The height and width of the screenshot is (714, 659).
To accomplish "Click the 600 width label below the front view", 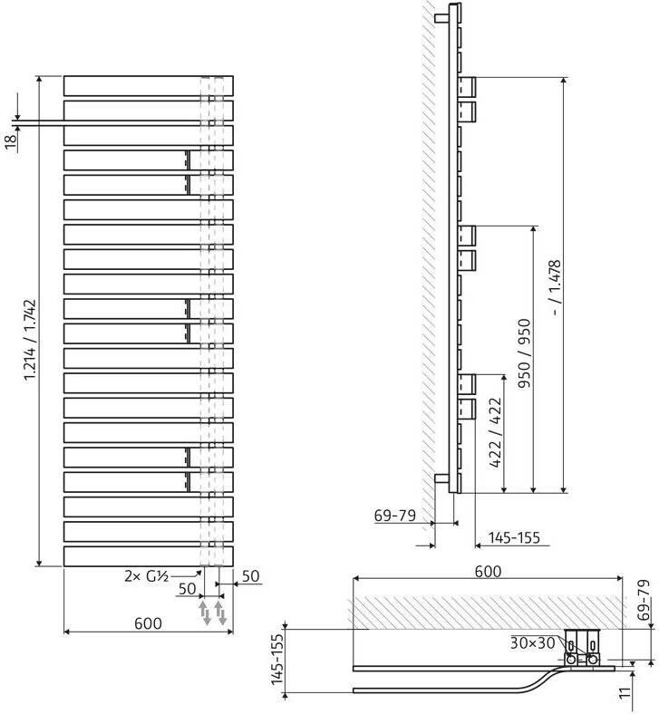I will click(148, 623).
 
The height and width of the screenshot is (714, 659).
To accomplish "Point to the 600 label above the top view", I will click(488, 571).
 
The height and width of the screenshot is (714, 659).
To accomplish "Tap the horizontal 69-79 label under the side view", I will click(394, 516).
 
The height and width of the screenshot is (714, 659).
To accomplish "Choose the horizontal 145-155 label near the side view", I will click(514, 538).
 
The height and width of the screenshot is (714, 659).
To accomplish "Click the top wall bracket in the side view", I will click(441, 16).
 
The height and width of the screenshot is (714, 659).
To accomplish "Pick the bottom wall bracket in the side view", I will click(441, 478).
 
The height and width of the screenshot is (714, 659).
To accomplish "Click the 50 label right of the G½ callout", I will click(251, 575).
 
